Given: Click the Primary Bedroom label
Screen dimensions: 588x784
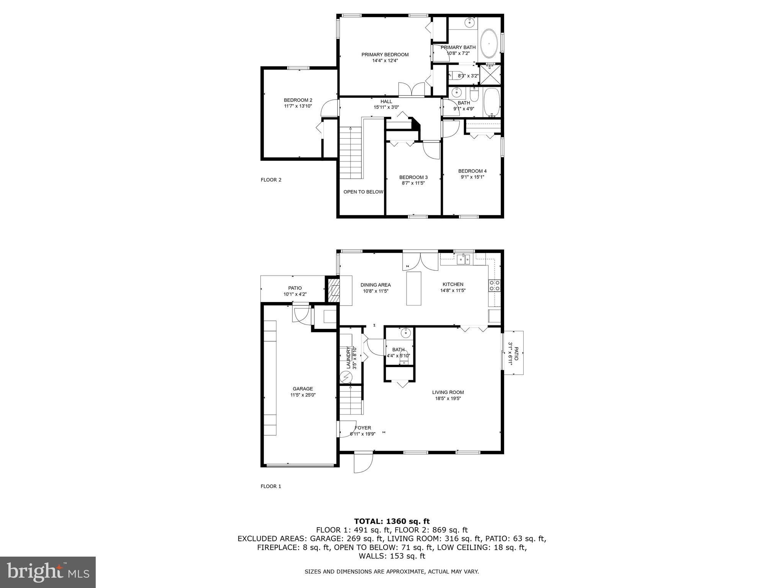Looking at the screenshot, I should [385, 55].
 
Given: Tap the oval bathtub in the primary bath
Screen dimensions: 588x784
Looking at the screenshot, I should [488, 44].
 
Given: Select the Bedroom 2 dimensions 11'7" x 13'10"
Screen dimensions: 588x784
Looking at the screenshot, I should [298, 106].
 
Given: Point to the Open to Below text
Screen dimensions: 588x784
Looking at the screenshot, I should [363, 192].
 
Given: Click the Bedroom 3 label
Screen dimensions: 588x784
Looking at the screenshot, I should [413, 177].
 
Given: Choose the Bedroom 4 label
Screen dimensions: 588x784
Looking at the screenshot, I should [472, 171].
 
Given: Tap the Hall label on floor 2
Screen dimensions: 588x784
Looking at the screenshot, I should [386, 101].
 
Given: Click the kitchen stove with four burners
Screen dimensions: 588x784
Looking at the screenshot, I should [494, 286].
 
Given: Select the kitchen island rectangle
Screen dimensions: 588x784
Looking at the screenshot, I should [413, 288].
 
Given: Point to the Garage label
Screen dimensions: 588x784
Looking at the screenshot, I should [303, 389].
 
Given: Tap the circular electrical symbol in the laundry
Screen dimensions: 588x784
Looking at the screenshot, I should [346, 378].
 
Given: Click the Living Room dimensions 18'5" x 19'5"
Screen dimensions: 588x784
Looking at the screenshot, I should [448, 399].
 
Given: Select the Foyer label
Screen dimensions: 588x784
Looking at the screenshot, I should [363, 428].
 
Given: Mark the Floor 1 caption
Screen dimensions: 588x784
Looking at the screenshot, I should [271, 487].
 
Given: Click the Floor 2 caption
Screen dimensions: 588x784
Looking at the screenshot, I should [271, 180].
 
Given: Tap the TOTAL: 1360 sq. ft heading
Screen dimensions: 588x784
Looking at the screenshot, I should [392, 521].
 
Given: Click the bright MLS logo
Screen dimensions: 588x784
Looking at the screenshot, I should [48, 572].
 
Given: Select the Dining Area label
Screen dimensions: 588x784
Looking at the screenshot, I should [376, 285].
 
